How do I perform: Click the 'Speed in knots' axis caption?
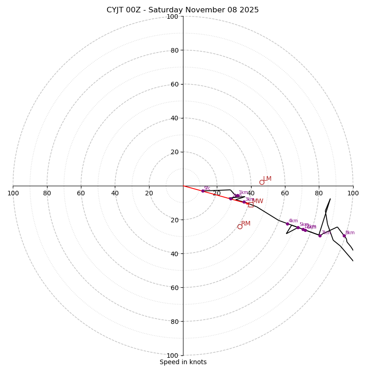[183, 362]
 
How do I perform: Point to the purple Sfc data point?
[203, 191]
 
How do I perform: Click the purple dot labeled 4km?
[287, 224]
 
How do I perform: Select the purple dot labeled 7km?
[320, 236]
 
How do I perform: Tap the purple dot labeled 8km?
[344, 236]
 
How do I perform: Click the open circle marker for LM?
[262, 182]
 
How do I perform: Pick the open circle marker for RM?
[240, 226]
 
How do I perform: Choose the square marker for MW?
[251, 205]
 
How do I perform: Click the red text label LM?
[267, 179]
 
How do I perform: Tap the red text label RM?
[246, 224]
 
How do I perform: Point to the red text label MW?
[258, 201]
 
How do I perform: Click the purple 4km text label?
[293, 221]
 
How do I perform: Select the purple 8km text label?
[350, 233]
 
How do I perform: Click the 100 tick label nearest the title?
[172, 16]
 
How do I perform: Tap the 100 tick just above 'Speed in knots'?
[172, 355]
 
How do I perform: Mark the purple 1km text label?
[243, 193]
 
